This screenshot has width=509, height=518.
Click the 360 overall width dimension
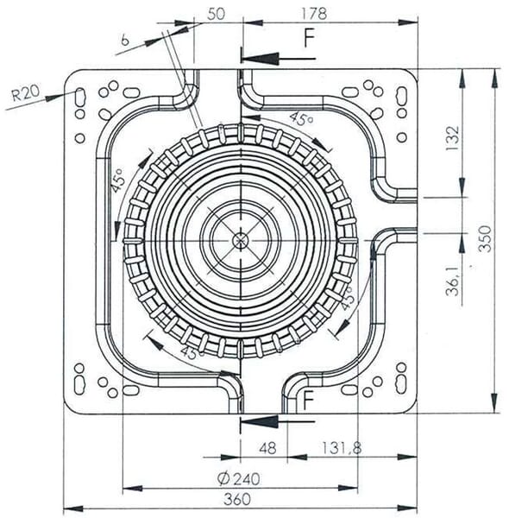coord(237,499)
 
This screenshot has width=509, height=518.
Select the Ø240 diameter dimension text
coord(239,478)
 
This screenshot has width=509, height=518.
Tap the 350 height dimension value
coord(485,239)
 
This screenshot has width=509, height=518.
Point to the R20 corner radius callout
coord(25,93)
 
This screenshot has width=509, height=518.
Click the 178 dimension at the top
coord(314,14)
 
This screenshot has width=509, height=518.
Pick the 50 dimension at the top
coord(217,14)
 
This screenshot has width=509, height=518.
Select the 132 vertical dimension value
coord(453,138)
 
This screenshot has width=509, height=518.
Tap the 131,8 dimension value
coord(342,448)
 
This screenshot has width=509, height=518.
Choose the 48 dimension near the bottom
coord(267,448)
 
